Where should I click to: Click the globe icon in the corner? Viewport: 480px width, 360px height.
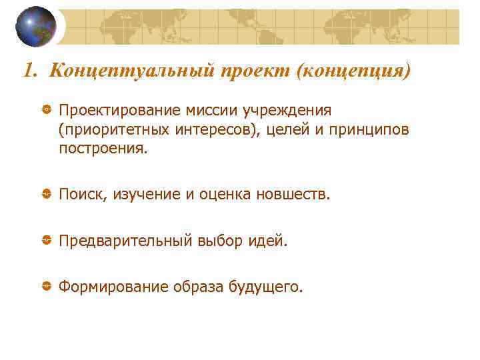pos(36,27)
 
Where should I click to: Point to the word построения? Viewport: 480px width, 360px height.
pos(101,148)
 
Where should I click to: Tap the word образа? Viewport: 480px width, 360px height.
pos(197,287)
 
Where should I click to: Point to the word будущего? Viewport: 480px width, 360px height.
pos(265,287)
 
